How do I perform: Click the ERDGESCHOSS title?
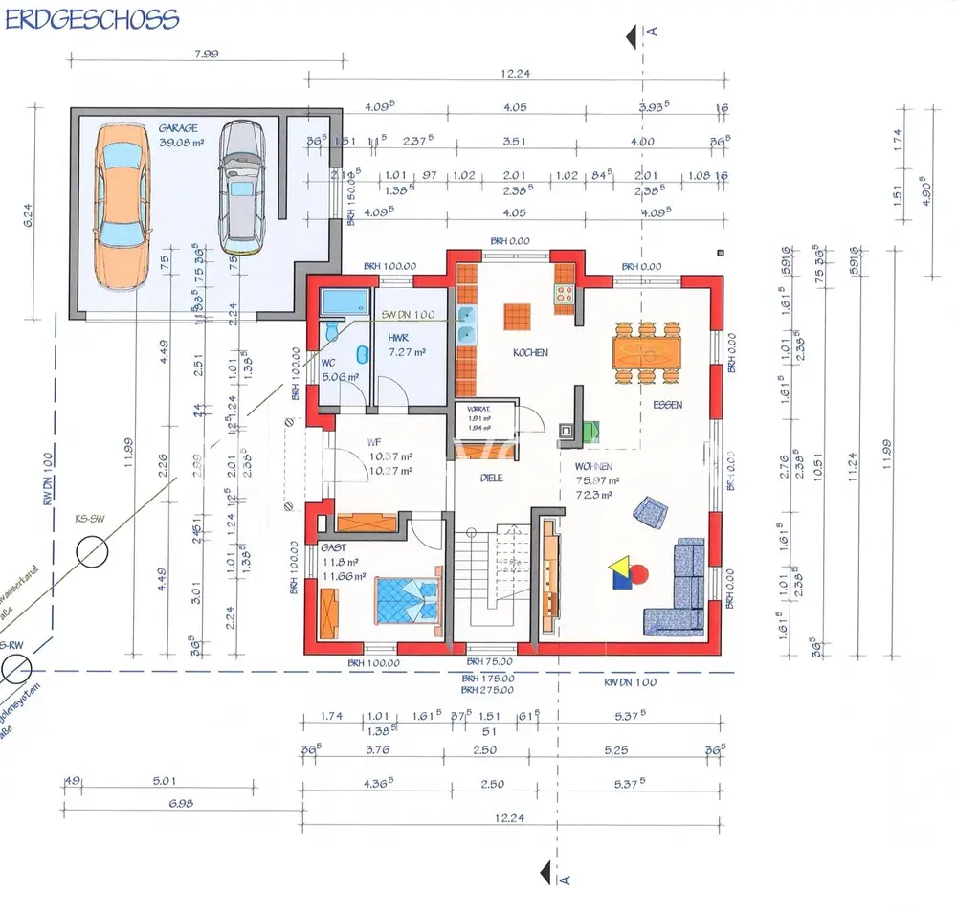coord(91,20)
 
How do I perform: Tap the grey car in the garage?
coord(239,188)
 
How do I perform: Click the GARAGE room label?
coord(179,127)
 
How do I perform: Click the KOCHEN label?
coord(531,353)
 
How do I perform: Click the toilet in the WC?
coord(330,331)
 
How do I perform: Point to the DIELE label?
coord(492,478)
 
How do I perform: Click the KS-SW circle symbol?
coord(94,553)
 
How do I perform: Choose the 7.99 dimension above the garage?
coord(205,54)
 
